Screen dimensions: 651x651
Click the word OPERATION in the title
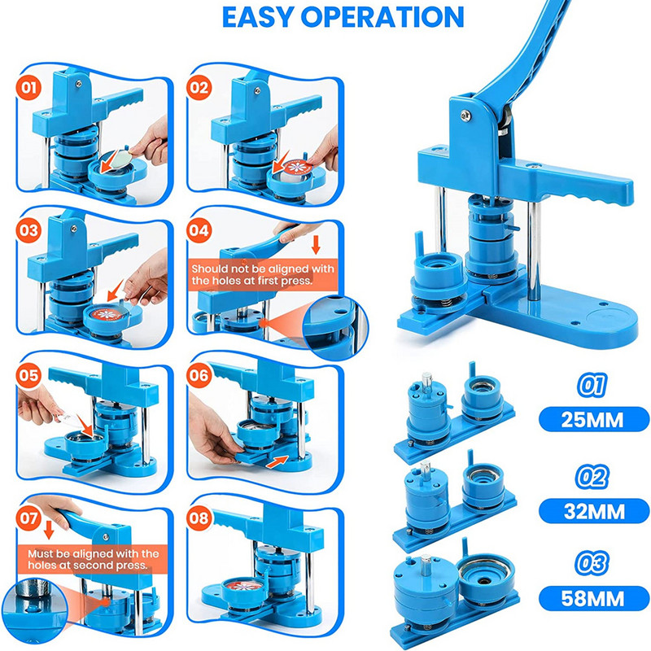pyautogui.click(x=382, y=17)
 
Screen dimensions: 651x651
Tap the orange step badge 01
pyautogui.click(x=28, y=88)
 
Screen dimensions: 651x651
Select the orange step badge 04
pyautogui.click(x=199, y=230)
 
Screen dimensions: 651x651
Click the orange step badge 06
pyautogui.click(x=199, y=375)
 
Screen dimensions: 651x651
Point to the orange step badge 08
pyautogui.click(x=199, y=518)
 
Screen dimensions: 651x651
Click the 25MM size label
pyautogui.click(x=592, y=420)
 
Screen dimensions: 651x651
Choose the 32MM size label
pyautogui.click(x=594, y=511)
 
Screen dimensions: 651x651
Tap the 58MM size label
pyautogui.click(x=593, y=598)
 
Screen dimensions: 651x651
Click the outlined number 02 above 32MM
pyautogui.click(x=592, y=476)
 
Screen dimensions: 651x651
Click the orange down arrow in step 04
pyautogui.click(x=316, y=244)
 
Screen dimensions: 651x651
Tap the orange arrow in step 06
pyautogui.click(x=277, y=461)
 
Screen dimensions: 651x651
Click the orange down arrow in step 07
pyautogui.click(x=49, y=530)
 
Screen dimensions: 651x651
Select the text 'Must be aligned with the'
pyautogui.click(x=94, y=553)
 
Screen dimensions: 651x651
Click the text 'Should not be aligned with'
pyautogui.click(x=263, y=269)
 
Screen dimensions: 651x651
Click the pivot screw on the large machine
pyautogui.click(x=465, y=116)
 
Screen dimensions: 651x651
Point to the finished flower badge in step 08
pyautogui.click(x=244, y=586)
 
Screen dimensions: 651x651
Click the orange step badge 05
pyautogui.click(x=28, y=375)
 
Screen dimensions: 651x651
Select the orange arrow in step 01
pyautogui.click(x=110, y=161)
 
